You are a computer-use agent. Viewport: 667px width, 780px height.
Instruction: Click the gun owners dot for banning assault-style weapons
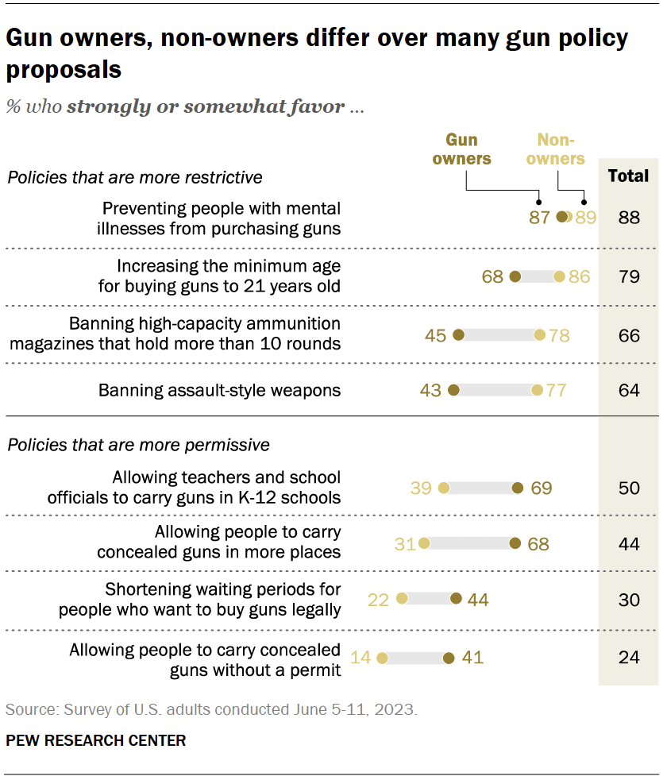[x=453, y=390]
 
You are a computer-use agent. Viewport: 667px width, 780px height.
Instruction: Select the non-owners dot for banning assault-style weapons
[x=538, y=390]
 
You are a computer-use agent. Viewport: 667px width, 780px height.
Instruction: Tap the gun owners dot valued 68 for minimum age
[x=515, y=276]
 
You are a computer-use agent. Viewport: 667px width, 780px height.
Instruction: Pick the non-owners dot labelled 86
[x=559, y=276]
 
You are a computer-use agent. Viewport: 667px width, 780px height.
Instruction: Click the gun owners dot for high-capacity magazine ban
[x=458, y=335]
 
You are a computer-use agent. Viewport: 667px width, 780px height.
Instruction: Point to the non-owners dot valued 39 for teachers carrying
[x=443, y=488]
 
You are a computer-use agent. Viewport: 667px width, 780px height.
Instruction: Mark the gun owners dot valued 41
[x=449, y=658]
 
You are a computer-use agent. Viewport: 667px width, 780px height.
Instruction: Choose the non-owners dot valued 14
[x=382, y=658]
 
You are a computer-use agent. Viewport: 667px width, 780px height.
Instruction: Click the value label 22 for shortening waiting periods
[x=379, y=600]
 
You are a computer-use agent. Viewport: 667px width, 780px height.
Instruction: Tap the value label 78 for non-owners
[x=560, y=335]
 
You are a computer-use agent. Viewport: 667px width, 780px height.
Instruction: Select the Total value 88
[x=629, y=217]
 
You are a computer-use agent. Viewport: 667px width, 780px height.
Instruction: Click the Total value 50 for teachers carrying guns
[x=629, y=488]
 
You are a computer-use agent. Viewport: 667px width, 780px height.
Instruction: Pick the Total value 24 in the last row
[x=629, y=658]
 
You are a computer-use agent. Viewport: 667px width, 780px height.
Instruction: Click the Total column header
[x=628, y=176]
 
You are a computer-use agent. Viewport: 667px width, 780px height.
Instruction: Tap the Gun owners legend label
[x=467, y=149]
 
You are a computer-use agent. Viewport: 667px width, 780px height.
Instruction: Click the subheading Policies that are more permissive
[x=138, y=445]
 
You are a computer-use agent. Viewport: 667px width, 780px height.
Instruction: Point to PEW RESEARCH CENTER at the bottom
[x=96, y=741]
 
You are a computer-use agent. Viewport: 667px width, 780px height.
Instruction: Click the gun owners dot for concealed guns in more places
[x=515, y=543]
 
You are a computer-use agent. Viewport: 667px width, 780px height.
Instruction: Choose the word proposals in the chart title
[x=64, y=69]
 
